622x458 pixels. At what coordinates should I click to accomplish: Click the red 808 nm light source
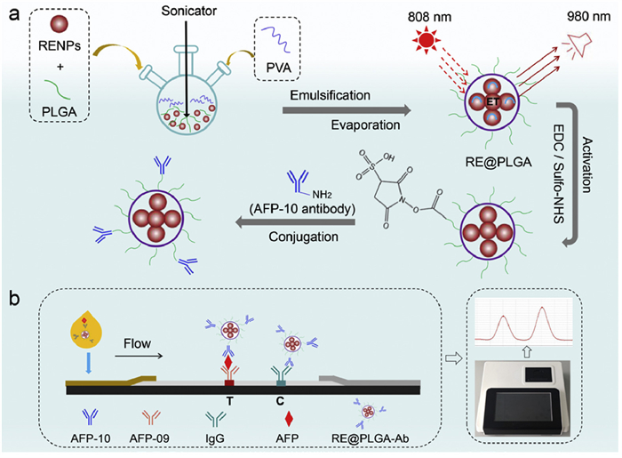click(427, 40)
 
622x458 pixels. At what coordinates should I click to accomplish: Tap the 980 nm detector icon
click(578, 44)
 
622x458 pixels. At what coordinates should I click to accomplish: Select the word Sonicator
click(188, 11)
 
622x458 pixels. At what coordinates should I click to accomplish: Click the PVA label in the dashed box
click(278, 68)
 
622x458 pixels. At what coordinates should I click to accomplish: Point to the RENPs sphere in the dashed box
click(60, 24)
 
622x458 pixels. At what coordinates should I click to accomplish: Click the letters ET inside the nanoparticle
click(492, 102)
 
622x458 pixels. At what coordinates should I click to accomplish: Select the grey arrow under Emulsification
click(347, 110)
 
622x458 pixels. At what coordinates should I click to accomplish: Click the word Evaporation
click(365, 125)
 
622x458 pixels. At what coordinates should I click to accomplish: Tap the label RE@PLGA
click(498, 162)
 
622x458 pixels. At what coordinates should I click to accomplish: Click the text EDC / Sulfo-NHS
click(559, 173)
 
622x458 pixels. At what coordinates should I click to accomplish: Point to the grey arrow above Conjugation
click(296, 222)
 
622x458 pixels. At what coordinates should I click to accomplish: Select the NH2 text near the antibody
click(322, 195)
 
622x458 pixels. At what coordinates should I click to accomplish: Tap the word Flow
click(137, 343)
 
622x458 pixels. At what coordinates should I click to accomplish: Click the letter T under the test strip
click(229, 401)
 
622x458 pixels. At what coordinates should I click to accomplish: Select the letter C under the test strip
click(280, 401)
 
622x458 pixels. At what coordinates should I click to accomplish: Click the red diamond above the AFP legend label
click(289, 419)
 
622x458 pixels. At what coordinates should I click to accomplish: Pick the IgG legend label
click(215, 438)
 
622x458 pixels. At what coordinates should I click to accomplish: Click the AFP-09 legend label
click(149, 438)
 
